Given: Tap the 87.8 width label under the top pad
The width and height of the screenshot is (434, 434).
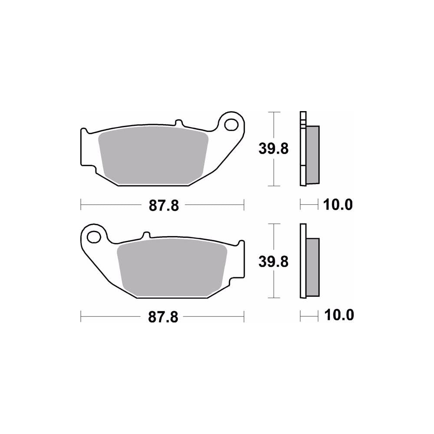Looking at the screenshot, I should pyautogui.click(x=164, y=205).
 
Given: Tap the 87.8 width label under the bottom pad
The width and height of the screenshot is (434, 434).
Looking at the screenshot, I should pyautogui.click(x=163, y=317).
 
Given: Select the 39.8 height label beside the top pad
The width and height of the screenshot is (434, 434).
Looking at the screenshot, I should pyautogui.click(x=273, y=149).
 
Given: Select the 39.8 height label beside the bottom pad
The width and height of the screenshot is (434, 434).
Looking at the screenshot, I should pyautogui.click(x=273, y=261).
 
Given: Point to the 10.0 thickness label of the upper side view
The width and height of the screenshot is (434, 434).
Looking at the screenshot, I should pyautogui.click(x=338, y=204).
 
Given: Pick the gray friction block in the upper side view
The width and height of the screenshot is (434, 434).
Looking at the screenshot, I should pyautogui.click(x=312, y=154).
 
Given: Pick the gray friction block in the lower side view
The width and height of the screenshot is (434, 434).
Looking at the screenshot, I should pyautogui.click(x=312, y=266).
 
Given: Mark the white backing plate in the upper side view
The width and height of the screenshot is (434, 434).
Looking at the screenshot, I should pyautogui.click(x=302, y=174).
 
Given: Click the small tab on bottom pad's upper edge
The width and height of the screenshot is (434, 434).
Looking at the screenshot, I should pyautogui.click(x=146, y=236).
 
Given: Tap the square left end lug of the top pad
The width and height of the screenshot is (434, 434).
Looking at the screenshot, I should pyautogui.click(x=86, y=148).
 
